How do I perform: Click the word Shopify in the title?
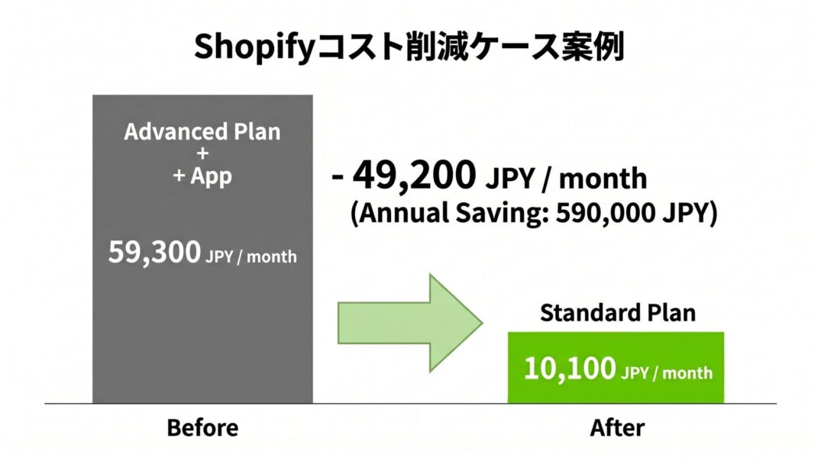(x=254, y=47)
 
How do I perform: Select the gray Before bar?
(x=202, y=249)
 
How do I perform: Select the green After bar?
(x=616, y=367)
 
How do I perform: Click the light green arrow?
(x=410, y=323)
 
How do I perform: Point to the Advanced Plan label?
(x=202, y=132)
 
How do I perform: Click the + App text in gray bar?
(x=202, y=176)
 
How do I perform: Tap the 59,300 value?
(x=154, y=253)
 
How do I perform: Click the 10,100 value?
(x=570, y=369)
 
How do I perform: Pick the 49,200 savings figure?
(x=414, y=175)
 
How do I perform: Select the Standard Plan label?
(x=618, y=313)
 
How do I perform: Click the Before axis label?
(x=202, y=428)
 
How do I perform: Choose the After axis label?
(x=617, y=428)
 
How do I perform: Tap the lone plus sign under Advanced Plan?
(x=202, y=153)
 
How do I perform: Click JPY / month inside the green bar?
(x=667, y=373)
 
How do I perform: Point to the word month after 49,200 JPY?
(x=603, y=179)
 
